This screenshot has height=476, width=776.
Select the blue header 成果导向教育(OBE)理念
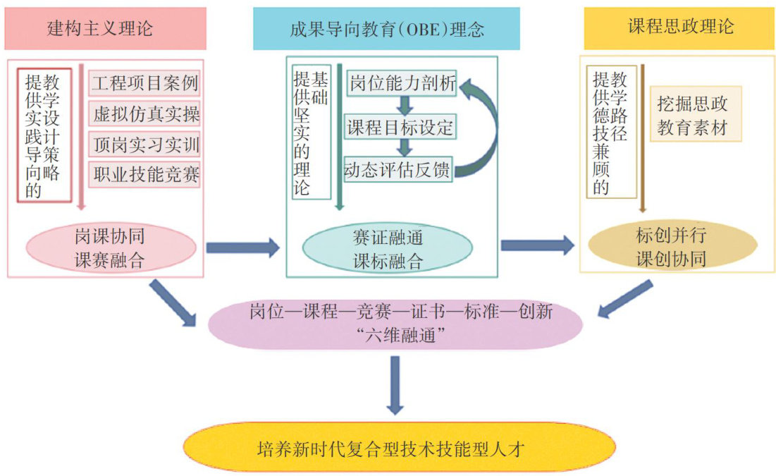point(386,29)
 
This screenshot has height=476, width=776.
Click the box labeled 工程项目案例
point(145,85)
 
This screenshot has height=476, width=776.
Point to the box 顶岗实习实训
point(145,145)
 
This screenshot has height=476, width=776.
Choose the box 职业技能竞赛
point(145,175)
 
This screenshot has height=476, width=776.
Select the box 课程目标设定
point(400,128)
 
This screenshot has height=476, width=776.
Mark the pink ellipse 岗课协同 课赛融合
point(110,248)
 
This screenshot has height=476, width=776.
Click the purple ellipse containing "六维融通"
point(395,324)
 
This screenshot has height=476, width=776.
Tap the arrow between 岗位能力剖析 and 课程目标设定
point(404,106)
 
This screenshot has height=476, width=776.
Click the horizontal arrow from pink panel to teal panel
point(242,247)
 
